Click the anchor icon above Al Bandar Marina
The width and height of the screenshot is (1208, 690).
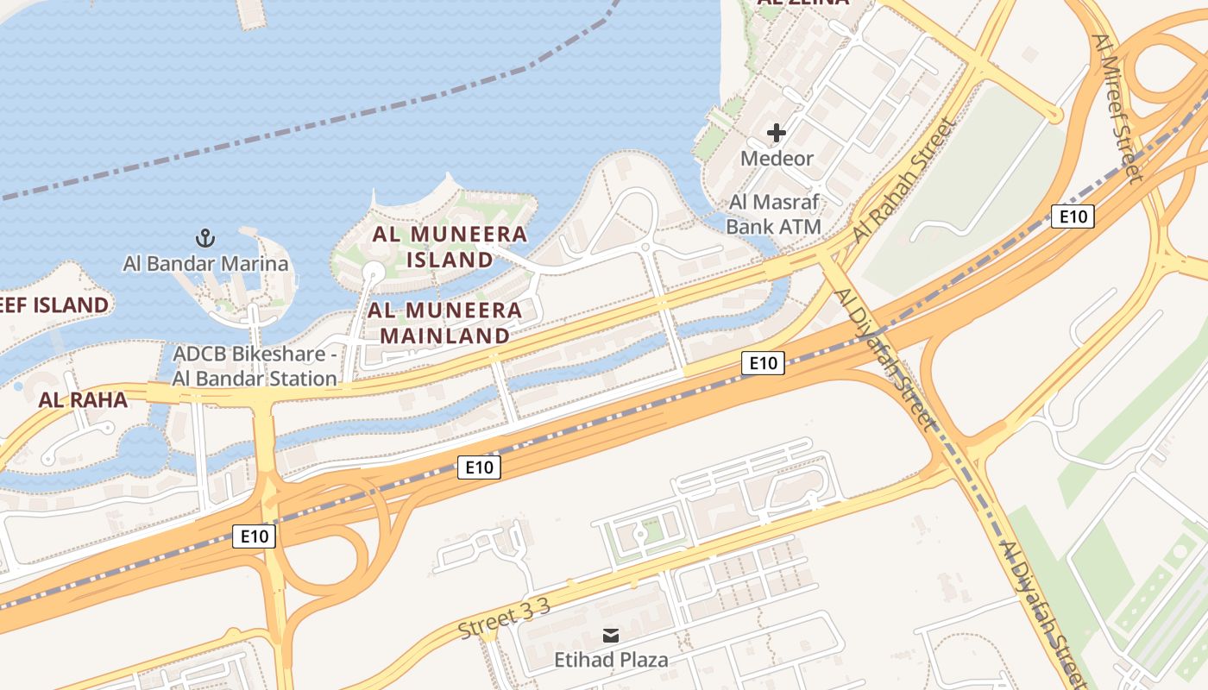pyautogui.click(x=205, y=238)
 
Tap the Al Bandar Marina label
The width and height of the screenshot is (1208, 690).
pyautogui.click(x=205, y=264)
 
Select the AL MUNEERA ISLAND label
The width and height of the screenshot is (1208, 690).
pyautogui.click(x=450, y=247)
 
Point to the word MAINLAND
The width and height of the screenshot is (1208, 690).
pyautogui.click(x=444, y=336)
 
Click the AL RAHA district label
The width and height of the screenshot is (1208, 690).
pyautogui.click(x=83, y=400)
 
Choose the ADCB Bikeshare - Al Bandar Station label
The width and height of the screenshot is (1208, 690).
pyautogui.click(x=255, y=367)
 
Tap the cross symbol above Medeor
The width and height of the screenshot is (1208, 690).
pyautogui.click(x=777, y=133)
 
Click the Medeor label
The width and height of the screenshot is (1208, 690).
pyautogui.click(x=777, y=159)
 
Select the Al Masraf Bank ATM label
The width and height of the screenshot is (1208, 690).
pyautogui.click(x=773, y=215)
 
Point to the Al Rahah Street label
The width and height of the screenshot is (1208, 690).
pyautogui.click(x=905, y=179)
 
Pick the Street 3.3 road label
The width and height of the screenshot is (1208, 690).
pyautogui.click(x=504, y=619)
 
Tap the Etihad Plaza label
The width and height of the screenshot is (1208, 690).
pyautogui.click(x=611, y=661)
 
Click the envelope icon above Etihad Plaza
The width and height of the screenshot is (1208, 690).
pyautogui.click(x=611, y=637)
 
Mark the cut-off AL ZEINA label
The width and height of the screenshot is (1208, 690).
pyautogui.click(x=802, y=3)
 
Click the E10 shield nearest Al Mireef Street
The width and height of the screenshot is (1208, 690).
pyautogui.click(x=1073, y=216)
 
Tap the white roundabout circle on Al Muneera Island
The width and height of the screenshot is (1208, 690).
pyautogui.click(x=373, y=273)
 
